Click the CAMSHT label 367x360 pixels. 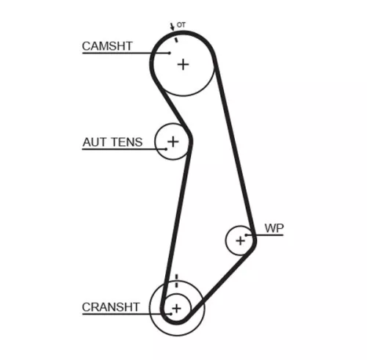click(107, 45)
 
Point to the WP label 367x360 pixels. click(274, 228)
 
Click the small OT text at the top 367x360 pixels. click(181, 26)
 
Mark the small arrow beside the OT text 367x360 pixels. click(172, 27)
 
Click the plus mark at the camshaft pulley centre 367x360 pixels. click(182, 64)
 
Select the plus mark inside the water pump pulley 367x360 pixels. click(239, 240)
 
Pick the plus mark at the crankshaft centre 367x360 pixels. click(175, 306)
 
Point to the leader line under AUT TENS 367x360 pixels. click(117, 150)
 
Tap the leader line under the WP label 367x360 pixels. click(268, 235)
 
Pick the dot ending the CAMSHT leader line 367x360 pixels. click(170, 54)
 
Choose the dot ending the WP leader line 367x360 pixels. click(247, 235)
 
